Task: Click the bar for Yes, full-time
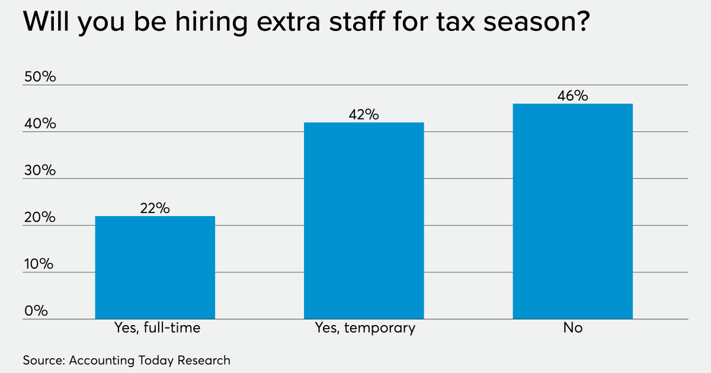pyautogui.click(x=155, y=268)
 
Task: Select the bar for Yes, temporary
pyautogui.click(x=364, y=221)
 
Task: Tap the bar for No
pyautogui.click(x=572, y=211)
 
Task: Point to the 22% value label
pyautogui.click(x=155, y=208)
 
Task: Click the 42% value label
pyautogui.click(x=364, y=114)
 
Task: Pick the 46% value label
pyautogui.click(x=572, y=96)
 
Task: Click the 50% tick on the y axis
pyautogui.click(x=39, y=77)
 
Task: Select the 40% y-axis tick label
pyautogui.click(x=39, y=124)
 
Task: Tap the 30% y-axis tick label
pyautogui.click(x=39, y=171)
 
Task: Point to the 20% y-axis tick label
pyautogui.click(x=39, y=217)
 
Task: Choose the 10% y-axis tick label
pyautogui.click(x=39, y=264)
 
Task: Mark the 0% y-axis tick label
pyautogui.click(x=36, y=311)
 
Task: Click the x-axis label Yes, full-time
pyautogui.click(x=156, y=328)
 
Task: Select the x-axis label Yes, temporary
pyautogui.click(x=364, y=328)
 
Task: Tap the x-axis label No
pyautogui.click(x=572, y=328)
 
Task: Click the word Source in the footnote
pyautogui.click(x=43, y=360)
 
